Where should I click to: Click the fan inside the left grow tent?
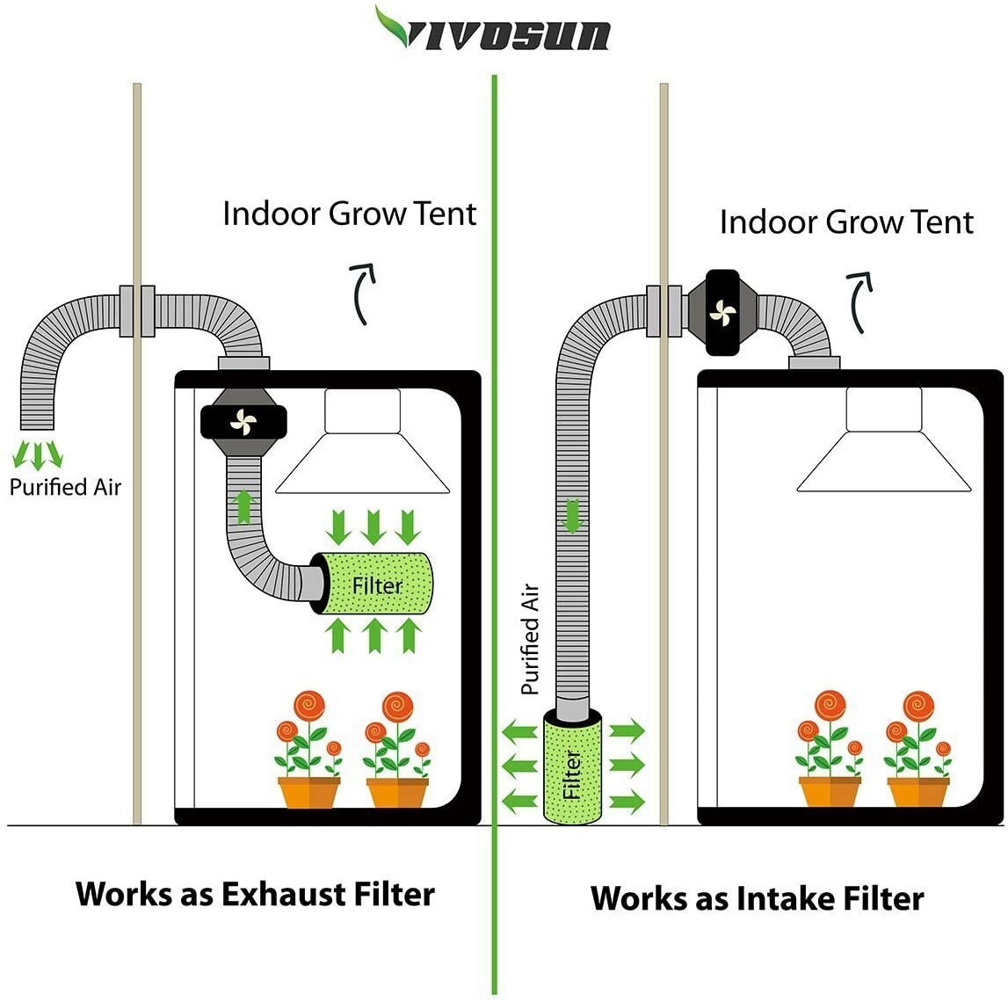click(x=242, y=422)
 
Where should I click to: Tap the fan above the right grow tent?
click(x=722, y=312)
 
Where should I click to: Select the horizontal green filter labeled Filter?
click(x=376, y=585)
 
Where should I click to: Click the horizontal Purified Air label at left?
click(x=65, y=487)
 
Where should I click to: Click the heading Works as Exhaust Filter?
click(x=255, y=894)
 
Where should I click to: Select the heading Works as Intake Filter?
click(x=757, y=898)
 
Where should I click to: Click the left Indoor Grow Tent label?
click(x=349, y=214)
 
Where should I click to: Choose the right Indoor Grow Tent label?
click(x=845, y=221)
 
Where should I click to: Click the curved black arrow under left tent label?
click(x=363, y=293)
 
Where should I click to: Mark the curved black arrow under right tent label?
click(x=860, y=301)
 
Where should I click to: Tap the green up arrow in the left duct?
click(x=243, y=507)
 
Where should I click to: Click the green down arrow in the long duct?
click(x=573, y=515)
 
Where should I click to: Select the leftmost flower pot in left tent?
click(x=308, y=791)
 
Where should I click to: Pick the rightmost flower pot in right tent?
click(x=917, y=791)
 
